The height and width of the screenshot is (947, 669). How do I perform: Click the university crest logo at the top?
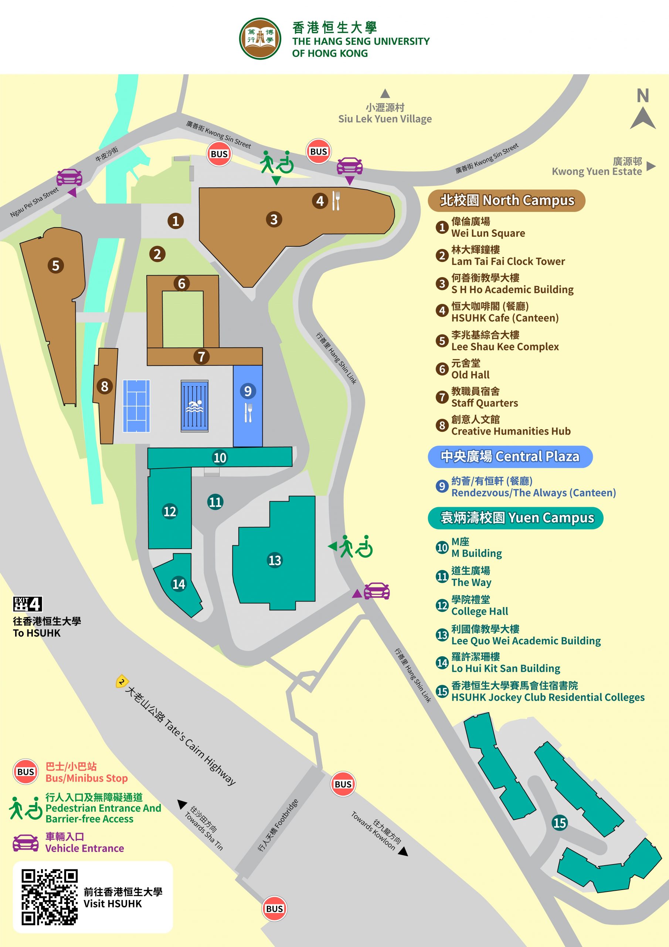tap(260, 39)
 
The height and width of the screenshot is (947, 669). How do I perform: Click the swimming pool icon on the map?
tap(194, 406)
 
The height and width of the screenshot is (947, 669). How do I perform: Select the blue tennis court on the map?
tap(136, 406)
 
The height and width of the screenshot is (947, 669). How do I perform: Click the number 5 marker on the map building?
tap(56, 265)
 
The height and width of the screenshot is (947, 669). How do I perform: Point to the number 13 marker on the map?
tap(275, 560)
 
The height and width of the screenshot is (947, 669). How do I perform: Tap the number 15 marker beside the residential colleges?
tap(559, 823)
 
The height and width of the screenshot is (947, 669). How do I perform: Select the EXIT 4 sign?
tap(28, 604)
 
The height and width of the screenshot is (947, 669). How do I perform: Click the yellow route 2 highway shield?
tap(121, 682)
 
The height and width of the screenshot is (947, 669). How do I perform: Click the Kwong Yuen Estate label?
tap(597, 166)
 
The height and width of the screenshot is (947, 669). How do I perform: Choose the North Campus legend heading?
tap(507, 200)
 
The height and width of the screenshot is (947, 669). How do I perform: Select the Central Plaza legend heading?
tap(510, 456)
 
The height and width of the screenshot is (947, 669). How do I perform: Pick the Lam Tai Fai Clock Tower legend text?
tap(508, 256)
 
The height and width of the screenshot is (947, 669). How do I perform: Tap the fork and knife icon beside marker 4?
tap(336, 201)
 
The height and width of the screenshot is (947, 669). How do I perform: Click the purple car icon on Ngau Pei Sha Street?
tap(69, 177)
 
